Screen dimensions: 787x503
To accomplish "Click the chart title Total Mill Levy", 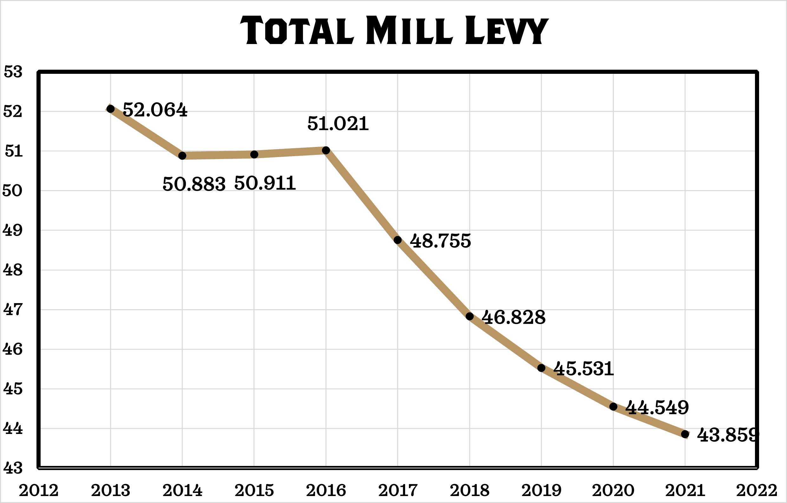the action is click(394, 30).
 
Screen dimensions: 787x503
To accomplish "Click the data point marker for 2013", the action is click(111, 109).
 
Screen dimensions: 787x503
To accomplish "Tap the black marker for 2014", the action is click(182, 156).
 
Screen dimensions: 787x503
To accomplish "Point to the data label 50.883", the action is click(194, 184).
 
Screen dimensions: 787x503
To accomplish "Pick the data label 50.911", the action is click(265, 183).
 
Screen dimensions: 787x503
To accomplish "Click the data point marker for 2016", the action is click(326, 150).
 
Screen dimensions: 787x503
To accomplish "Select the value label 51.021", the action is click(338, 124).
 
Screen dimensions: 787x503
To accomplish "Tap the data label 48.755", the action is click(440, 241).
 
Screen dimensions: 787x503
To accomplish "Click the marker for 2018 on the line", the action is click(469, 316).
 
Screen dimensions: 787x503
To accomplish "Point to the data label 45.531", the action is click(584, 369).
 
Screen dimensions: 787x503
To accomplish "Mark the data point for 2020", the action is click(613, 407).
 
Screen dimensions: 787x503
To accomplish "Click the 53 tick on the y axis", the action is click(13, 72).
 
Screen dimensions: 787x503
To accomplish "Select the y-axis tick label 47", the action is click(13, 309).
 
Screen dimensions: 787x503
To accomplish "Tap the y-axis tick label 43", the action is click(13, 468).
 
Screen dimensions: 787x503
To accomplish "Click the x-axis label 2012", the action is click(39, 490).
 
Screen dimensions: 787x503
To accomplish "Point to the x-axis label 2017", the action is click(398, 490).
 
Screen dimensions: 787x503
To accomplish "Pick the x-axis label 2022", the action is click(756, 490).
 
